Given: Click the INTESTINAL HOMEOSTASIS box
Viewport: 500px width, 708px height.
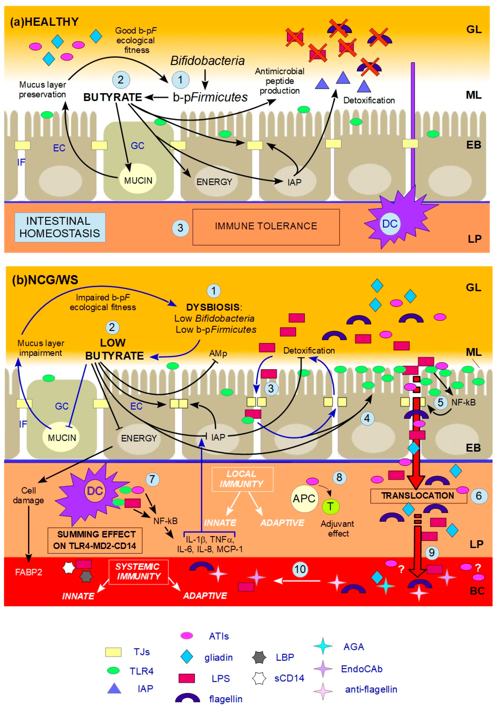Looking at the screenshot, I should point(60,228).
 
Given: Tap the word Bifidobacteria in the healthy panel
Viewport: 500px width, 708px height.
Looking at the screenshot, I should point(207,61).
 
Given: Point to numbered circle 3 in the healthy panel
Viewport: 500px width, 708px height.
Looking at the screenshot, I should point(180,228).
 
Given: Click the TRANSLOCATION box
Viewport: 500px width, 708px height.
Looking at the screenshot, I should point(418,495).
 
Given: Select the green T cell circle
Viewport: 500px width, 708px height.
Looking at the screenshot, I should point(330,506).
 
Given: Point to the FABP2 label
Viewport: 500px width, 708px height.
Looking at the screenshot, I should point(29,572).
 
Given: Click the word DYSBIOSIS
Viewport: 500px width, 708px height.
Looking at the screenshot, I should point(213,307).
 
